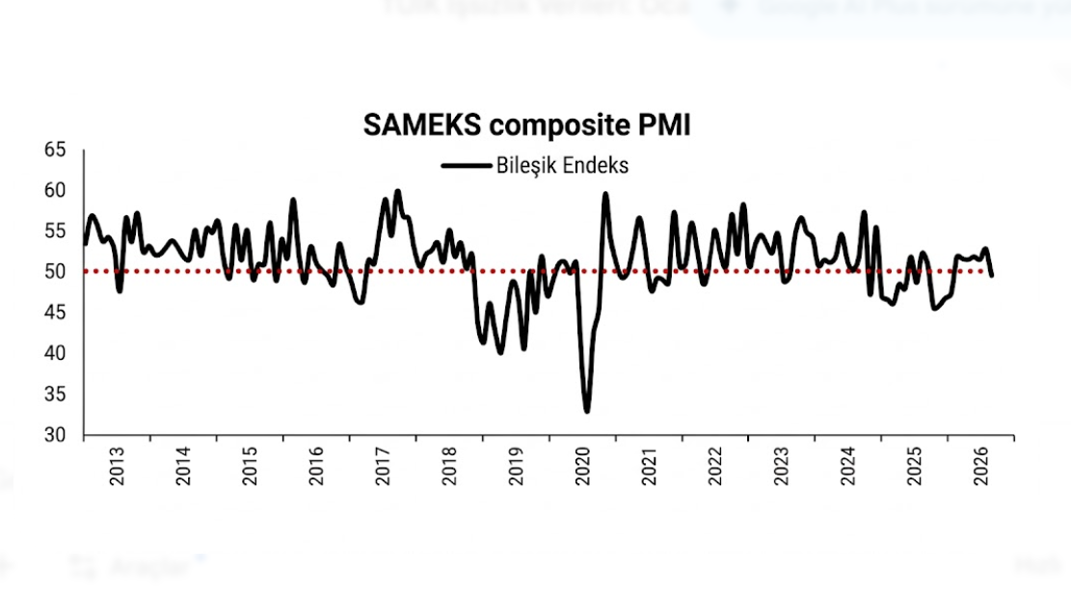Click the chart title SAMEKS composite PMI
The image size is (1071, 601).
(x=527, y=125)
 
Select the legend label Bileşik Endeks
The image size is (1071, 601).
(x=563, y=165)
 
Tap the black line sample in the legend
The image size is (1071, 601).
(x=466, y=166)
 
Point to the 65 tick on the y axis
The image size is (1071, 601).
(x=55, y=150)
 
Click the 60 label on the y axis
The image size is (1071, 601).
(x=55, y=191)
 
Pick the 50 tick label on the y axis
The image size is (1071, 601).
(x=55, y=272)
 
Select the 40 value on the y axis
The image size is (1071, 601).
(x=55, y=354)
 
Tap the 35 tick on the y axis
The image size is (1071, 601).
(x=55, y=395)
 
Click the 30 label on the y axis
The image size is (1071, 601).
(x=55, y=435)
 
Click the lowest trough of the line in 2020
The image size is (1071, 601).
(x=587, y=411)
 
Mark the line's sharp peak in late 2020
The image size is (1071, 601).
(x=605, y=194)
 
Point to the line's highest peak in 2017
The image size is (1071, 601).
(x=397, y=191)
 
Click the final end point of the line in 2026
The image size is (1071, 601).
(x=992, y=275)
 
